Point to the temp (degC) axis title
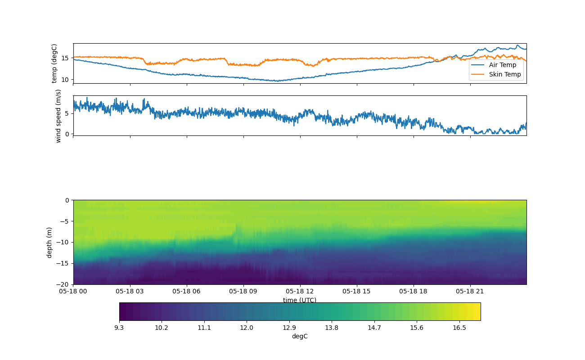pyautogui.click(x=54, y=63)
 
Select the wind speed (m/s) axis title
pyautogui.click(x=58, y=116)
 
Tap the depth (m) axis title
pyautogui.click(x=49, y=242)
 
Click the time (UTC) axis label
pyautogui.click(x=300, y=300)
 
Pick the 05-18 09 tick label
pyautogui.click(x=243, y=291)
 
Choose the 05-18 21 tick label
pyautogui.click(x=470, y=291)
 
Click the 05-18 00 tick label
pyautogui.click(x=73, y=291)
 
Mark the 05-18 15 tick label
pyautogui.click(x=357, y=291)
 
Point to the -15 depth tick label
pyautogui.click(x=64, y=263)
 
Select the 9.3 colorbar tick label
pyautogui.click(x=119, y=328)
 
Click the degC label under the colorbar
pyautogui.click(x=300, y=336)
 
